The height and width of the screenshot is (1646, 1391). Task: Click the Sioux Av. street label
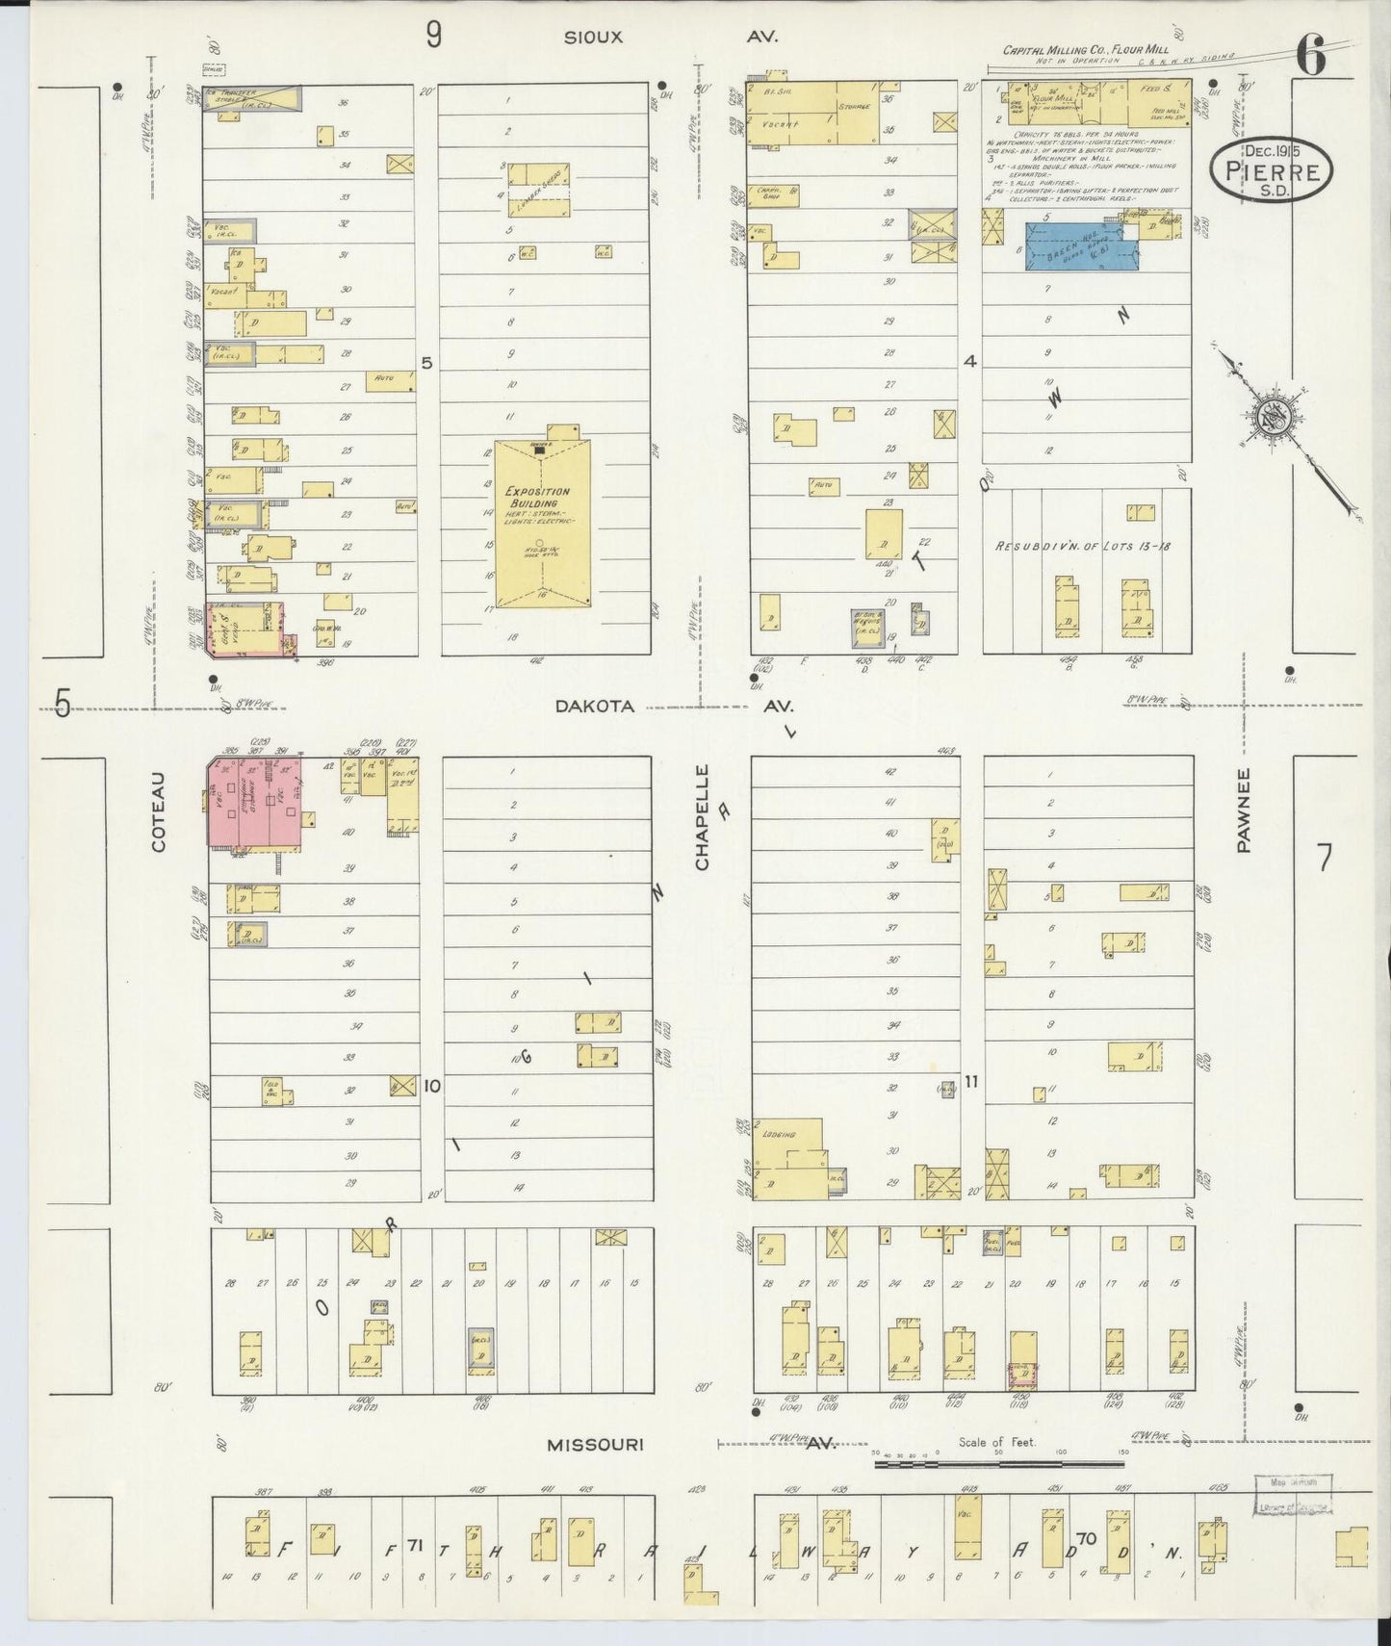(x=594, y=37)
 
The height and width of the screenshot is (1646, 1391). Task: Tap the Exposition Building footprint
(x=542, y=525)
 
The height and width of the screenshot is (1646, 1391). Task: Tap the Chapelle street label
(x=702, y=818)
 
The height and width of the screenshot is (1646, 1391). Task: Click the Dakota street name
(x=594, y=706)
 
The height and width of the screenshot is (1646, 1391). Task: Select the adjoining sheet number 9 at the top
(x=434, y=36)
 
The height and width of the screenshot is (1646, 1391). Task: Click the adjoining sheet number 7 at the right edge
(x=1326, y=857)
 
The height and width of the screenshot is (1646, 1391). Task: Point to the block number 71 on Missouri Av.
(x=415, y=1546)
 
